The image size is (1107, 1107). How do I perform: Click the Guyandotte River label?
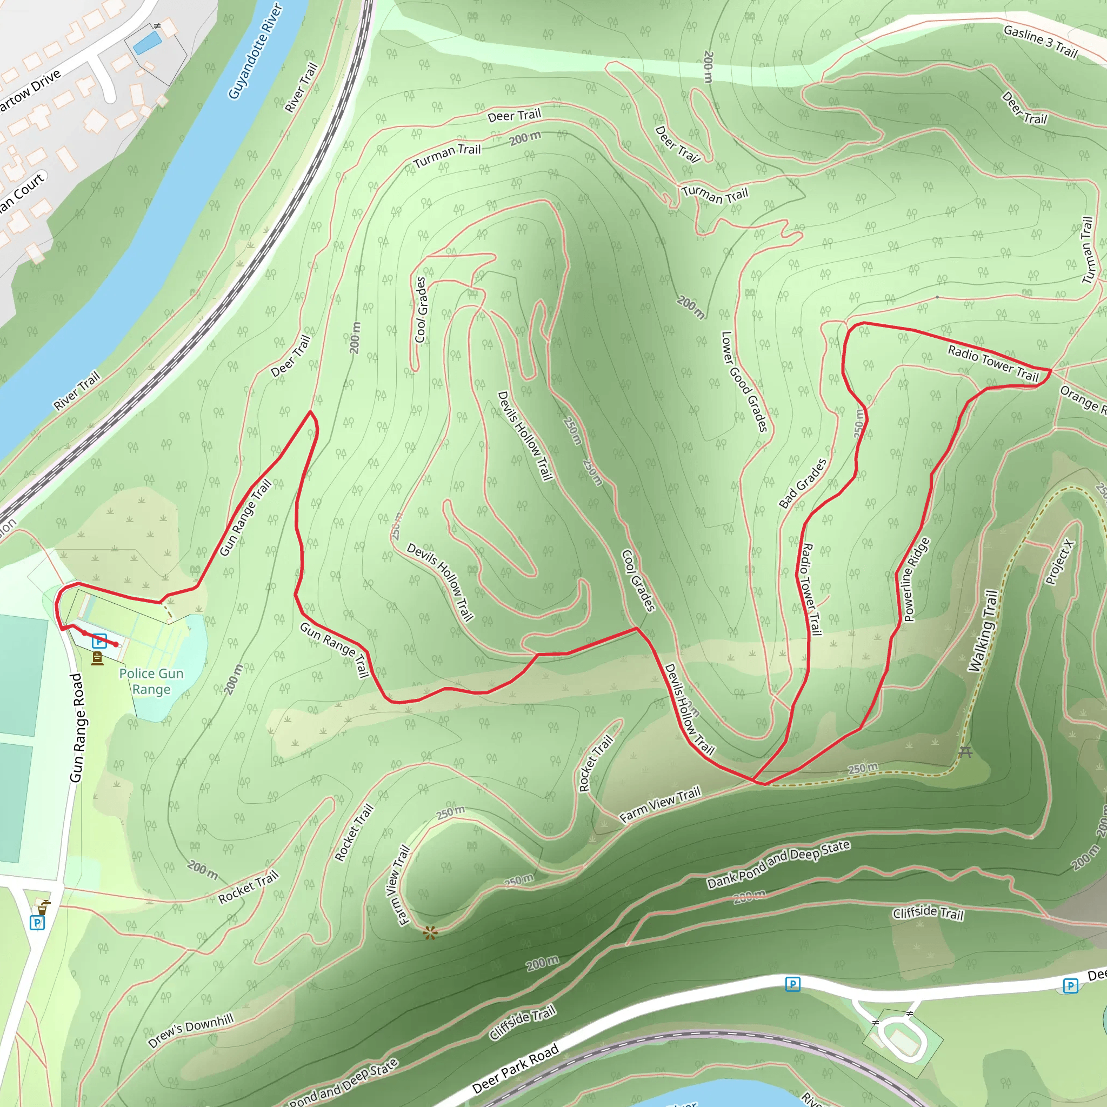[x=255, y=51]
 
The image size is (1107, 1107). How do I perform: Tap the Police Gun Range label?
[x=151, y=681]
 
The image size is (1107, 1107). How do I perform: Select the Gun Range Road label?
[x=77, y=728]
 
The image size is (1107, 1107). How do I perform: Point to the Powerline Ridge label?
[x=917, y=579]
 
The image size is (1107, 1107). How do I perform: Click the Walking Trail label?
[x=983, y=630]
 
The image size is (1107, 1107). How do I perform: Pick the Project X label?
[x=1060, y=562]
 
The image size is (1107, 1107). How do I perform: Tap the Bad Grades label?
[x=803, y=484]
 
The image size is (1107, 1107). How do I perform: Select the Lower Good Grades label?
[x=744, y=382]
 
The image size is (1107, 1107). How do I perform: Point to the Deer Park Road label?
[x=515, y=1069]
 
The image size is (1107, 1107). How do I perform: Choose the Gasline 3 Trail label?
[x=1041, y=42]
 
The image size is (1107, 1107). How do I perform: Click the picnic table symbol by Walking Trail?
[x=965, y=751]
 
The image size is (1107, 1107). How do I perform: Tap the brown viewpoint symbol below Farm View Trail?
[x=430, y=933]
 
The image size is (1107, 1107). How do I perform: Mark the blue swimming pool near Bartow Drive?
[x=147, y=43]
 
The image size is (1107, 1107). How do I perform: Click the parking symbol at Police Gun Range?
[x=99, y=641]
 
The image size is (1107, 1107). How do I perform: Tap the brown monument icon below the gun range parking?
[x=97, y=659]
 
